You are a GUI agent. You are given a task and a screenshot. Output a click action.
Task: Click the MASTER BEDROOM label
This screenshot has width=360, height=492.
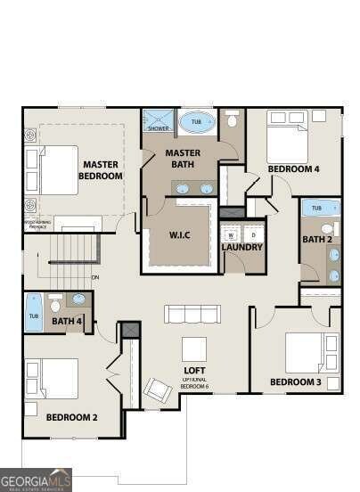(101, 169)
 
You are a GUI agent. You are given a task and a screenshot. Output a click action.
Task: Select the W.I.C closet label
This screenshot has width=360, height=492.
(181, 236)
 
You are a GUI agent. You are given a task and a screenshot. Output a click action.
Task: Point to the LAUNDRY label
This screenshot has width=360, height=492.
(241, 247)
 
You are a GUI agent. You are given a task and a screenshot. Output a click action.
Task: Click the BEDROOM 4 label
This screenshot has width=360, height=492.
(293, 168)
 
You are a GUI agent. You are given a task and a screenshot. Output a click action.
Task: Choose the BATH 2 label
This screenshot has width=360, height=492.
(316, 239)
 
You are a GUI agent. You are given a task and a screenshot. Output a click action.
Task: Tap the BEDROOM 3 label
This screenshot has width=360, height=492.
(295, 383)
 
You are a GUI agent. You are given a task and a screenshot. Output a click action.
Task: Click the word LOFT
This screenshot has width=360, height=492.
(195, 370)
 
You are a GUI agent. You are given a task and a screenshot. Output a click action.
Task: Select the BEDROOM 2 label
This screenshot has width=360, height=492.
(71, 416)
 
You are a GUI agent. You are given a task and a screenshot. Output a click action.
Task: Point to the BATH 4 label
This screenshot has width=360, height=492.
(67, 322)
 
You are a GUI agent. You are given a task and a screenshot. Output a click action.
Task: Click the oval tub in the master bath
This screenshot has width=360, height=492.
(197, 122)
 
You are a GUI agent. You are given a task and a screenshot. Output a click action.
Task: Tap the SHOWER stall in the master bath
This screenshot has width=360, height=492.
(159, 120)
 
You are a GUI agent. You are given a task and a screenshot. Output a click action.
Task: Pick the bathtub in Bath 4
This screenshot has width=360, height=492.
(34, 312)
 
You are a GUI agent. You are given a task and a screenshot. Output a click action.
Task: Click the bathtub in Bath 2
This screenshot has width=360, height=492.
(320, 208)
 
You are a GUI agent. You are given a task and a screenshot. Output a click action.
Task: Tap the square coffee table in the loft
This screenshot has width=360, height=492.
(194, 348)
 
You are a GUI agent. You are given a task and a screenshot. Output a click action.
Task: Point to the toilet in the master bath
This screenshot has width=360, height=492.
(233, 119)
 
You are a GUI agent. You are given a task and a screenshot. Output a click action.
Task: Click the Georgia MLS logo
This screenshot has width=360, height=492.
(36, 480)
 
